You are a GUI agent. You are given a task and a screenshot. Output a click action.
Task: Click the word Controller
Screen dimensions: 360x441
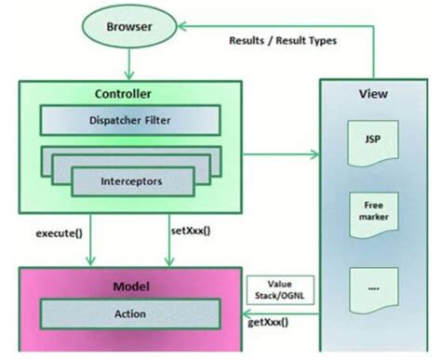124,94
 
